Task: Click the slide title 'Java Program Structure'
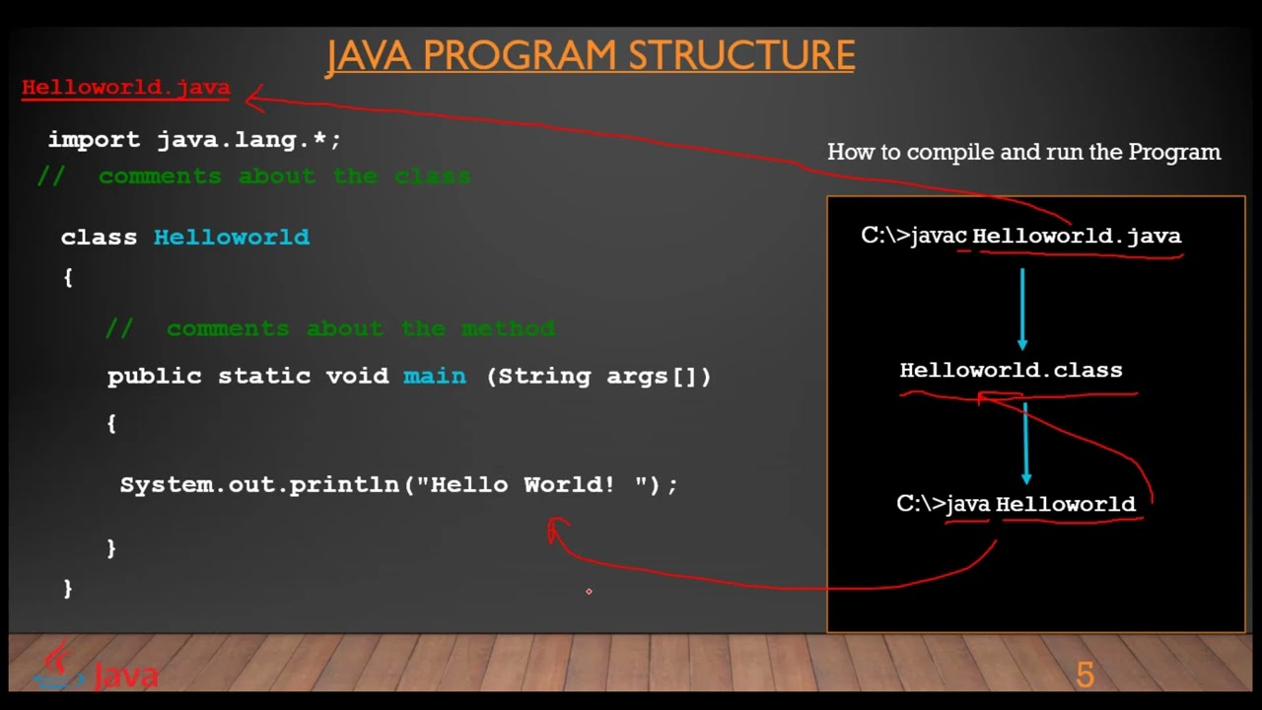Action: click(591, 56)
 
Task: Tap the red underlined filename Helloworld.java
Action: click(126, 88)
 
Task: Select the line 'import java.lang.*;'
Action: click(194, 140)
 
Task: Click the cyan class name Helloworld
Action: click(232, 238)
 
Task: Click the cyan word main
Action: click(435, 377)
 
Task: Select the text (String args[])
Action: click(598, 377)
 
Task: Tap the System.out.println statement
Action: click(399, 485)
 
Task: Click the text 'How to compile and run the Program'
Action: click(1023, 153)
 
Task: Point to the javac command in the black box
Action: click(1020, 237)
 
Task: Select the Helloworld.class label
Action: click(1011, 371)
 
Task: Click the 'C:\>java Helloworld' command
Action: click(1016, 505)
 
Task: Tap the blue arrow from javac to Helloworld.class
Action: click(1022, 308)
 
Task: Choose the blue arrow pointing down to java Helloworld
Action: click(1026, 444)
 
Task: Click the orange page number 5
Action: click(1085, 675)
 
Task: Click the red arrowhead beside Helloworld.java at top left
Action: click(253, 97)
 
